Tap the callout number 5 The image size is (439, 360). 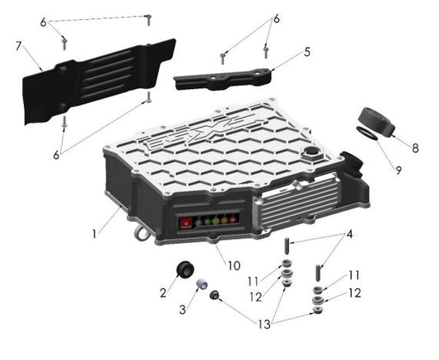tap(307, 51)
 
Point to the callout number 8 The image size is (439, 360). tap(415, 148)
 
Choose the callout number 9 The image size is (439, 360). tap(398, 171)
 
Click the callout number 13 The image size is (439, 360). tap(265, 326)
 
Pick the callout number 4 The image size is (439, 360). tap(349, 234)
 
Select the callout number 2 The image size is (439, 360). tap(163, 292)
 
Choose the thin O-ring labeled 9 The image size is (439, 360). tap(367, 133)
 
